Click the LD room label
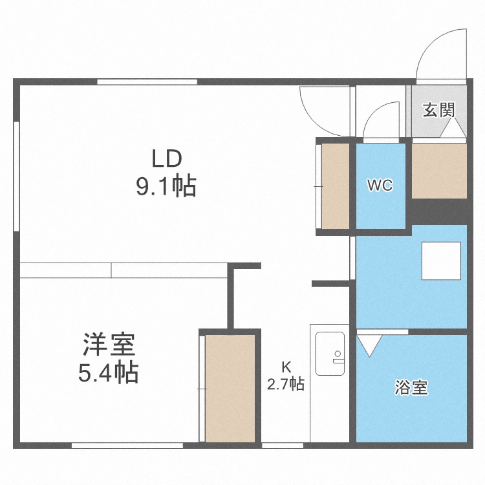point(167,158)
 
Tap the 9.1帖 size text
point(166,187)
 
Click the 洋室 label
point(109,345)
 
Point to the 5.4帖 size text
point(109,373)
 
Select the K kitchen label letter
point(286,366)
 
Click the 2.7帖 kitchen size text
point(286,383)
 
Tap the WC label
point(380,186)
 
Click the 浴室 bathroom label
point(411,388)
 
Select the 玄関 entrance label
point(438,109)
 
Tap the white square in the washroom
point(441,262)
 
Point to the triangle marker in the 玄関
point(453,129)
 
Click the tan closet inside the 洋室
point(230,387)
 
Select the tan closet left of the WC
point(336,186)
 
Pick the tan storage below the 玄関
point(439,171)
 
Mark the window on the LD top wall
point(147,82)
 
